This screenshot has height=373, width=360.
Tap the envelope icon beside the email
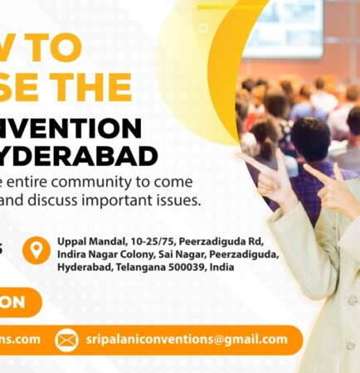click(x=66, y=340)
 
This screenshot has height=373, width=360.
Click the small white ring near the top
click(x=204, y=28)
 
